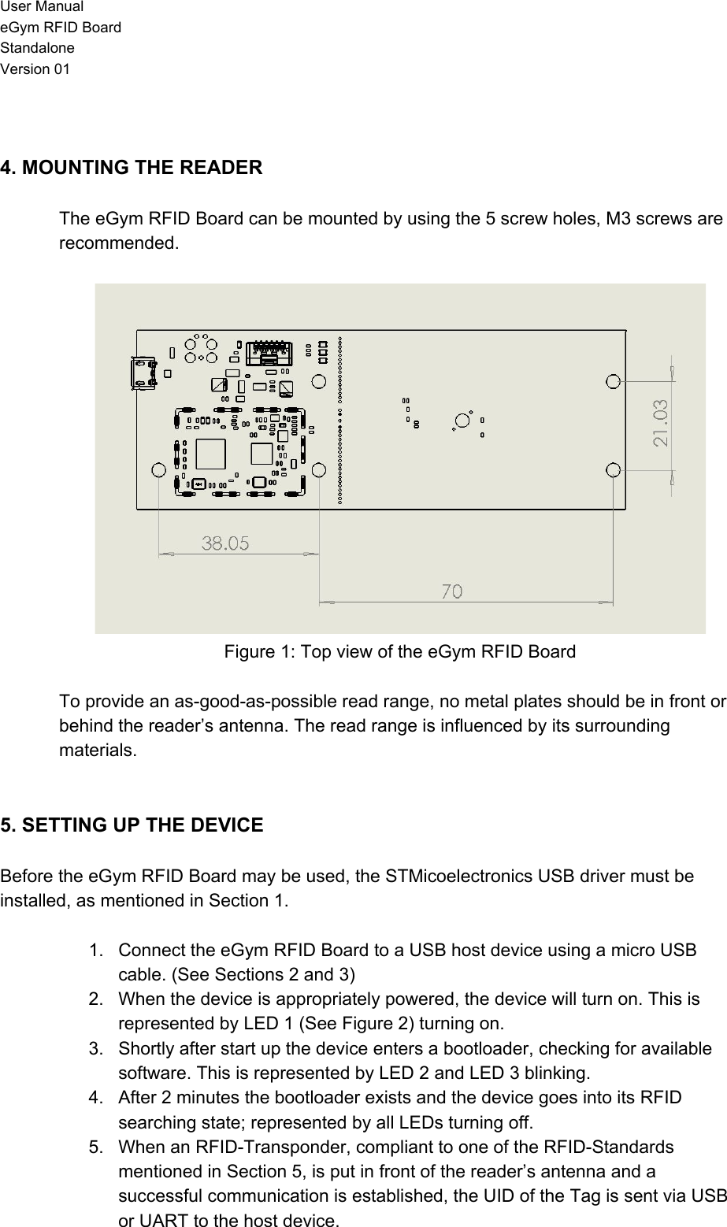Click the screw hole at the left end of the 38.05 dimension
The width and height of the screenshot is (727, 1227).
(158, 470)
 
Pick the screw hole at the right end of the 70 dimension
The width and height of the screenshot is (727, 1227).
(614, 470)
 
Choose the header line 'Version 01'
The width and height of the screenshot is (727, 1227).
(35, 69)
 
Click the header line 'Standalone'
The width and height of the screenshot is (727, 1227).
(38, 49)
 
